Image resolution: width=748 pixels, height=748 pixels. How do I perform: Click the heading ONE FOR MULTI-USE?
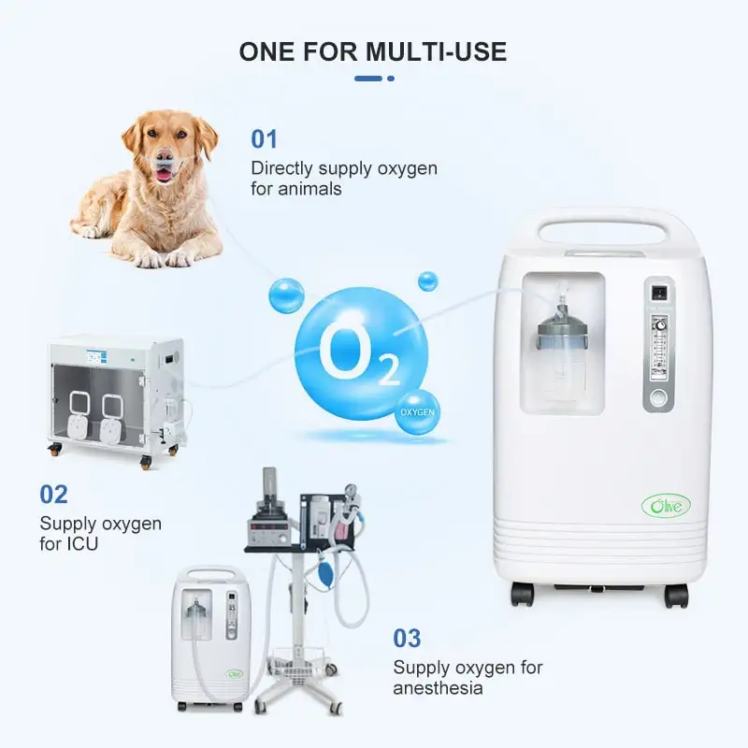pyautogui.click(x=373, y=51)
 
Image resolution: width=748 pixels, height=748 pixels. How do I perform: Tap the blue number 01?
pyautogui.click(x=265, y=139)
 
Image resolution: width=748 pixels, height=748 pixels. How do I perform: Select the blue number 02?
pyautogui.click(x=53, y=494)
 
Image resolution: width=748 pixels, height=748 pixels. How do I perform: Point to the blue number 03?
pyautogui.click(x=407, y=639)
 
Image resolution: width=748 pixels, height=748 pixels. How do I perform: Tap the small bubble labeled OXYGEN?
pyautogui.click(x=416, y=412)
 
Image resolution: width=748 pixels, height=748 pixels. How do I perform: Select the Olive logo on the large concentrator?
pyautogui.click(x=667, y=505)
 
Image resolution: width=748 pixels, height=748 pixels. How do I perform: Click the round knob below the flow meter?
pyautogui.click(x=659, y=397)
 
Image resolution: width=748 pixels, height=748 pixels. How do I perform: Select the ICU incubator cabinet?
pyautogui.click(x=114, y=397)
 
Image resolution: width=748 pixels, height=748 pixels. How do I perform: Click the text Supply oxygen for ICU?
pyautogui.click(x=100, y=532)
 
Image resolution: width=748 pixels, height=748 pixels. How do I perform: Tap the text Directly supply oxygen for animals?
pyautogui.click(x=343, y=179)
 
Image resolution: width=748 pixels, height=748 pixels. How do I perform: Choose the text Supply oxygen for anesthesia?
pyautogui.click(x=467, y=678)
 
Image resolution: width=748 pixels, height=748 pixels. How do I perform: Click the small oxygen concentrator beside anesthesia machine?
pyautogui.click(x=211, y=636)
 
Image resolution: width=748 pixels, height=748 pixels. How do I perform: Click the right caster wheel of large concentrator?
pyautogui.click(x=675, y=595)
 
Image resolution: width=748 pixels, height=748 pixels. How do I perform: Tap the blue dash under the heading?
pyautogui.click(x=373, y=79)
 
